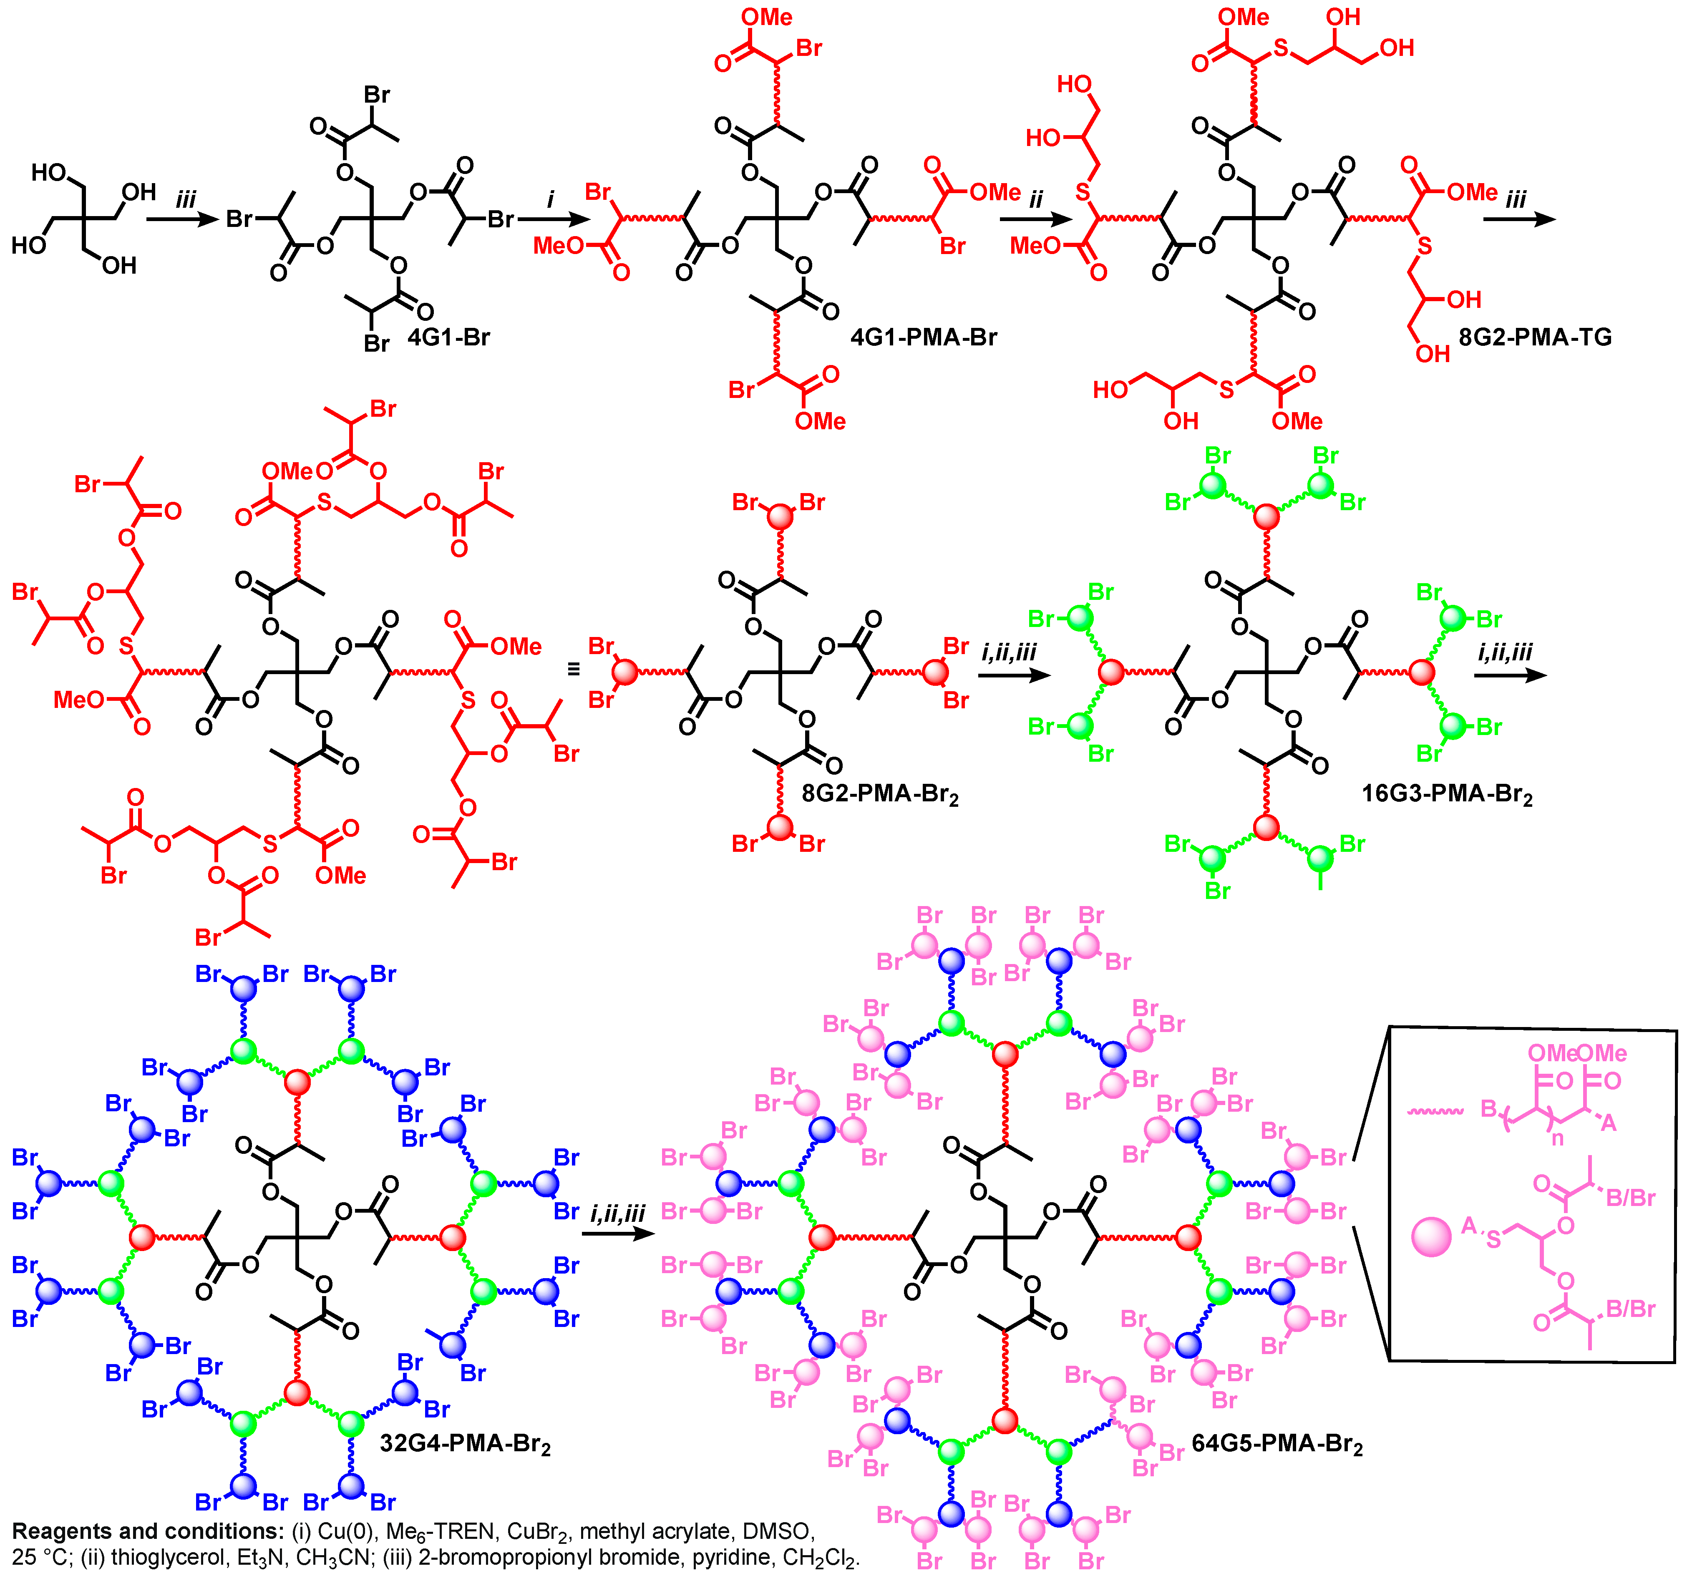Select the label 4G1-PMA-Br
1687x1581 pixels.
tap(923, 338)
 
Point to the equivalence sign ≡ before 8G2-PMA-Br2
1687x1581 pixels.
tap(574, 670)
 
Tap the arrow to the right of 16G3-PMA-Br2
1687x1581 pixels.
tap(1511, 675)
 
